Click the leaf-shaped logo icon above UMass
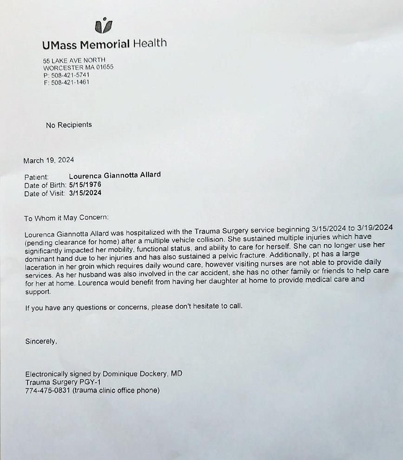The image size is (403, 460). click(x=103, y=26)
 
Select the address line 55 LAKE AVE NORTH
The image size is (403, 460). click(x=74, y=60)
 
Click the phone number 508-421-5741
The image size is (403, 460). click(x=70, y=75)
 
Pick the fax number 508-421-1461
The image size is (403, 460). click(x=70, y=82)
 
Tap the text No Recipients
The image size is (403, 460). click(x=69, y=125)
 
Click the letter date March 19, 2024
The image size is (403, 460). click(x=49, y=161)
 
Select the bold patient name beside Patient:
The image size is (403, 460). click(x=115, y=175)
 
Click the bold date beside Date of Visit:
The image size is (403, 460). click(x=85, y=193)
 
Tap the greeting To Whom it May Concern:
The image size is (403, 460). click(x=66, y=218)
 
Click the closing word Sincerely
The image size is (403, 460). click(x=41, y=342)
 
